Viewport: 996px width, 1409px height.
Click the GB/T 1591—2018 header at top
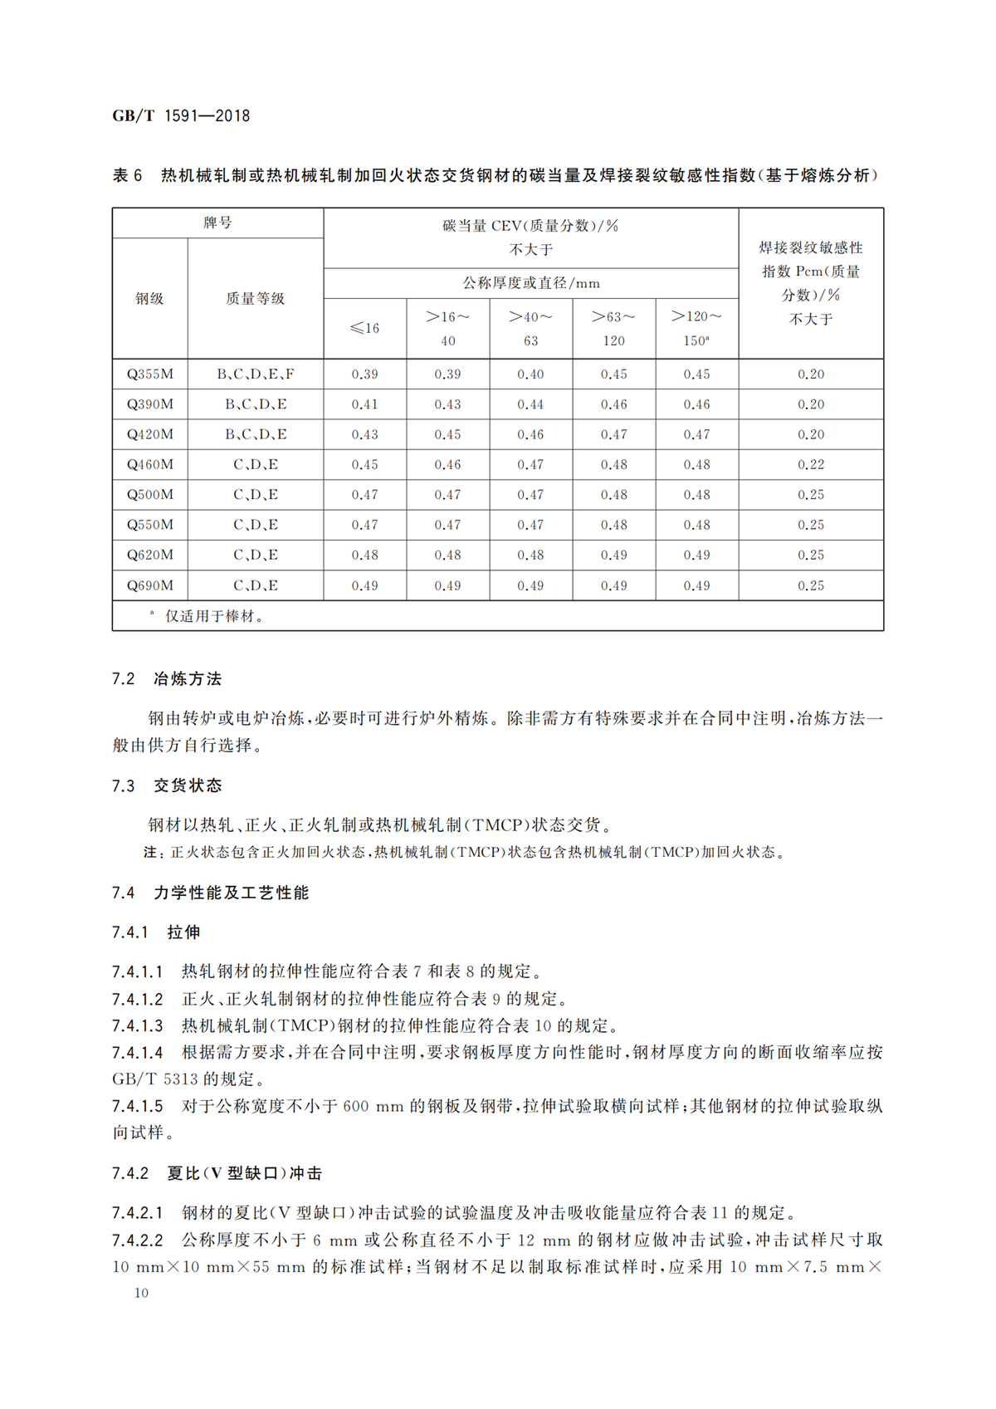coord(181,116)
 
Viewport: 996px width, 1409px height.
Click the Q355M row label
coord(150,374)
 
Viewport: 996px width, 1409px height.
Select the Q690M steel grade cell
coord(150,585)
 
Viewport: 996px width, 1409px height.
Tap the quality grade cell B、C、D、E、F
coord(256,374)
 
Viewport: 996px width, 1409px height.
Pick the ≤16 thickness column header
coord(364,329)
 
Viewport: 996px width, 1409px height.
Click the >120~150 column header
coord(696,329)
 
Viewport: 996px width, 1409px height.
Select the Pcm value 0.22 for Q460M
coord(811,465)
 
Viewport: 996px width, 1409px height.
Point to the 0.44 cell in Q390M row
coord(530,404)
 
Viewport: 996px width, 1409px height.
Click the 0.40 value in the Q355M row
coord(530,374)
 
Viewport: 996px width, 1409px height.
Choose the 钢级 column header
coord(150,299)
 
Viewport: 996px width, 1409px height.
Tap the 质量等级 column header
coord(256,299)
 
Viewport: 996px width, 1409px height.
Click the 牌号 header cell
coord(217,223)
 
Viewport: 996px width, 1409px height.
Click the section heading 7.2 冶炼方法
coord(167,679)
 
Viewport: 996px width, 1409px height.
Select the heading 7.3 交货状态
coord(167,785)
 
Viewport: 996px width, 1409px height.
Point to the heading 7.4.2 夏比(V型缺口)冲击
coord(217,1173)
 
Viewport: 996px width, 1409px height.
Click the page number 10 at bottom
coord(141,1293)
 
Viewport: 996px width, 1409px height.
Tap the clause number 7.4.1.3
coord(138,1026)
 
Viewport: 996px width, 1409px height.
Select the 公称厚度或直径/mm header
coord(530,283)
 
